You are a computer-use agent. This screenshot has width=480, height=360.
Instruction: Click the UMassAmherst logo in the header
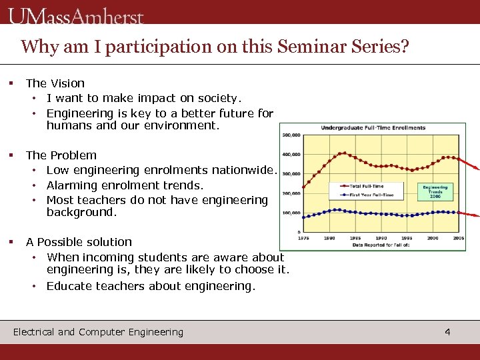tap(77, 15)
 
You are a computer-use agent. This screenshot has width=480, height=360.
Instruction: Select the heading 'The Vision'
tap(55, 83)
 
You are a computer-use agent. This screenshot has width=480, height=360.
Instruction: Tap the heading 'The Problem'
tap(61, 155)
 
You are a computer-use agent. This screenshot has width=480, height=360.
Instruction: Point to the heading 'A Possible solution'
tap(79, 242)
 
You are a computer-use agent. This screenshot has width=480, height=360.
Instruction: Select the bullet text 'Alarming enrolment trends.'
tap(125, 185)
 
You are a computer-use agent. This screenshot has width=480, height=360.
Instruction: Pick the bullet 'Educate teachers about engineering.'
tap(151, 286)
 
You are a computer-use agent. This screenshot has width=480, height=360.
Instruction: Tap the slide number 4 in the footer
tap(447, 331)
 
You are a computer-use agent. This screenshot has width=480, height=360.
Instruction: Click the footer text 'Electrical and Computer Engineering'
tap(98, 332)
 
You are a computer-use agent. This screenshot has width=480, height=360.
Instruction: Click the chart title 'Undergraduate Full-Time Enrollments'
tap(373, 127)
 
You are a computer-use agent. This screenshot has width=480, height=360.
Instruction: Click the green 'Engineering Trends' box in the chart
tap(436, 191)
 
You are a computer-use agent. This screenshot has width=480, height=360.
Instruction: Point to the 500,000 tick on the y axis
tap(291, 135)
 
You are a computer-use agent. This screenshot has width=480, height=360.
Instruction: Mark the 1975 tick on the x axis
tap(304, 238)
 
